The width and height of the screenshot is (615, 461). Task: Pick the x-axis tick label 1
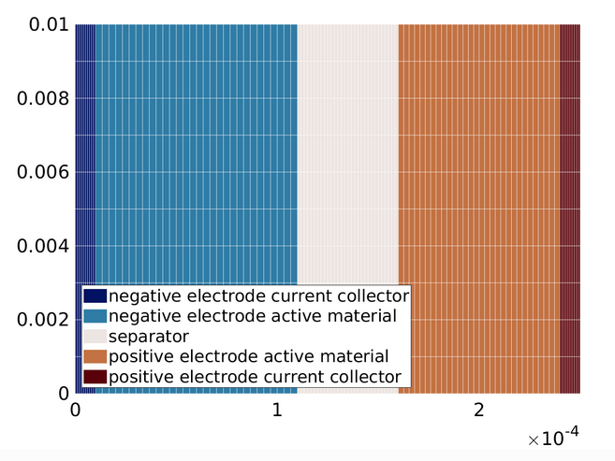pyautogui.click(x=277, y=411)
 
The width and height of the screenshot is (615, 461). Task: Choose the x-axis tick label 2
pyautogui.click(x=479, y=411)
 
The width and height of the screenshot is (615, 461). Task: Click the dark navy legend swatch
pyautogui.click(x=95, y=295)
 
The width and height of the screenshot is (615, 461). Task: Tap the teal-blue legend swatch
pyautogui.click(x=95, y=316)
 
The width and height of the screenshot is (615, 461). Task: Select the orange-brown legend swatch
pyautogui.click(x=95, y=356)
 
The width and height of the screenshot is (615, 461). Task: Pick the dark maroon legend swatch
pyautogui.click(x=95, y=377)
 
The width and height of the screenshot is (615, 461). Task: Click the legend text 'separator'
pyautogui.click(x=149, y=336)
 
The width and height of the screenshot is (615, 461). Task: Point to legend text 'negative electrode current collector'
pyautogui.click(x=258, y=295)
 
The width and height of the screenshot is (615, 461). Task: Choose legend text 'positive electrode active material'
pyautogui.click(x=248, y=356)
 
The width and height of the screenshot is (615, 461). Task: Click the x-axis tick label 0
pyautogui.click(x=75, y=411)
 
